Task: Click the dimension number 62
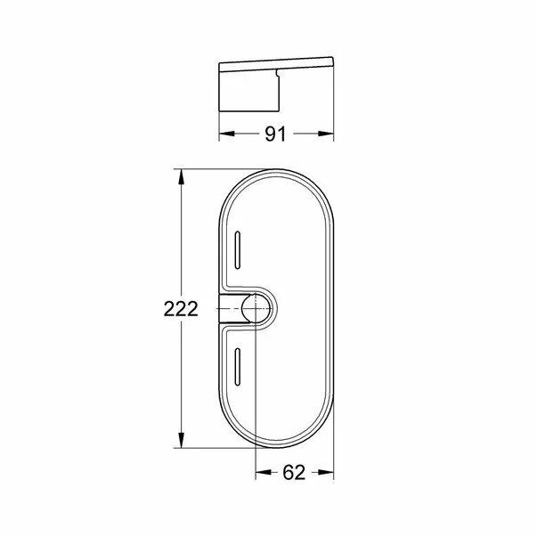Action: coord(295,473)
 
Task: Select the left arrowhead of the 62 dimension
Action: coord(262,473)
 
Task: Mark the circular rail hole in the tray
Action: coord(256,309)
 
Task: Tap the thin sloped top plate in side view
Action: coord(276,64)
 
